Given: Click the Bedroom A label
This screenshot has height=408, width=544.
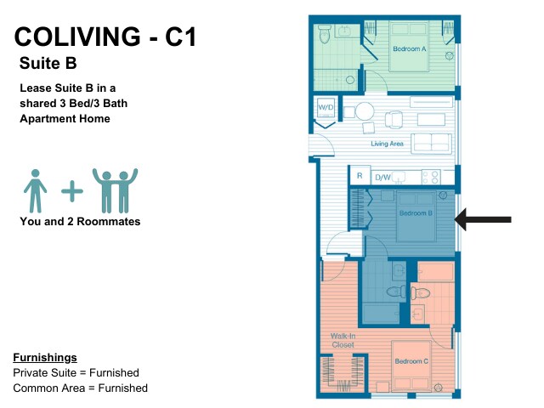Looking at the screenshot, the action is click(410, 49).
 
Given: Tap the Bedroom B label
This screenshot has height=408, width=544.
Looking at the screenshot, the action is click(416, 213).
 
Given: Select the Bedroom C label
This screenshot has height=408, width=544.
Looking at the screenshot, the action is click(411, 361).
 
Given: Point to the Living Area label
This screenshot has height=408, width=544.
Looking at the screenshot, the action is click(388, 144).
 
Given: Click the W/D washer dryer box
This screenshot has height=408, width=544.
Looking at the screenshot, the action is click(326, 108).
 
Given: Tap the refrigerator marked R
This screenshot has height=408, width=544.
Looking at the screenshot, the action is click(360, 176).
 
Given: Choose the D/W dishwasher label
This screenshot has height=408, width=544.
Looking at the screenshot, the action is click(382, 178).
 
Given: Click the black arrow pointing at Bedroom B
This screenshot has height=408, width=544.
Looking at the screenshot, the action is click(483, 219).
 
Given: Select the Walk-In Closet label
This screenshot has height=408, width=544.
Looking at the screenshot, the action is click(343, 340).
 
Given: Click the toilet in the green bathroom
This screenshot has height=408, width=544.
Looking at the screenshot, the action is click(325, 34).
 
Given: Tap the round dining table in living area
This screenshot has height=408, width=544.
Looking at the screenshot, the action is click(365, 111).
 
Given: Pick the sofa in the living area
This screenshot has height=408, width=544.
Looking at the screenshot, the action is click(432, 144).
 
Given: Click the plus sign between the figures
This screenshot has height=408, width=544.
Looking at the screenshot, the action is click(72, 190).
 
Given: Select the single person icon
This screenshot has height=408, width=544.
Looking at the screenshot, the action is click(35, 190).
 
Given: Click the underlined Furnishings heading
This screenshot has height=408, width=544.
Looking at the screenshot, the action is click(45, 357).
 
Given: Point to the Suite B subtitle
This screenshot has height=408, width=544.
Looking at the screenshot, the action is click(48, 63).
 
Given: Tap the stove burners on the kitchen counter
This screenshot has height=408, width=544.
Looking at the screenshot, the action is click(431, 178).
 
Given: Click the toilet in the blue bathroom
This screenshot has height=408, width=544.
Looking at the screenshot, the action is click(396, 291).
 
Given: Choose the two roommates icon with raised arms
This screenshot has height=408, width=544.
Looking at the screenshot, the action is click(115, 190).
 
